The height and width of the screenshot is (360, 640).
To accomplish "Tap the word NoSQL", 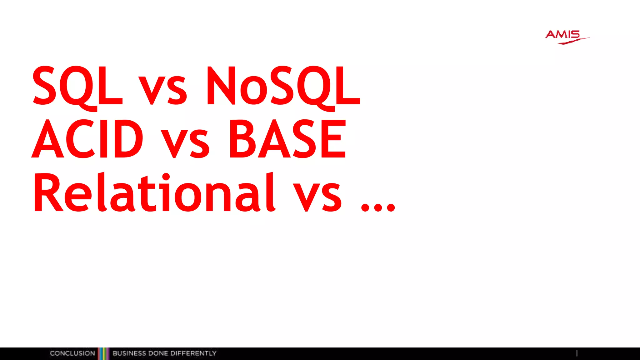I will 283,86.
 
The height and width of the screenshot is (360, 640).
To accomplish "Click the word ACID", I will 87,139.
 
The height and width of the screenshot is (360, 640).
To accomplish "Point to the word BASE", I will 287,139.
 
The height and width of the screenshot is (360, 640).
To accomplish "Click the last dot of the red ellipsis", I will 391,207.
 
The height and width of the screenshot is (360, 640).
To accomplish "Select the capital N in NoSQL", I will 221,86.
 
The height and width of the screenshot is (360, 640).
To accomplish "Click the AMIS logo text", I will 562,34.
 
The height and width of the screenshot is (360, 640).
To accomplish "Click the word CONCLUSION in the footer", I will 72,353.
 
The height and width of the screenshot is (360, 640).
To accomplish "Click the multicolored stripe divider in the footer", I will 104,353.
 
